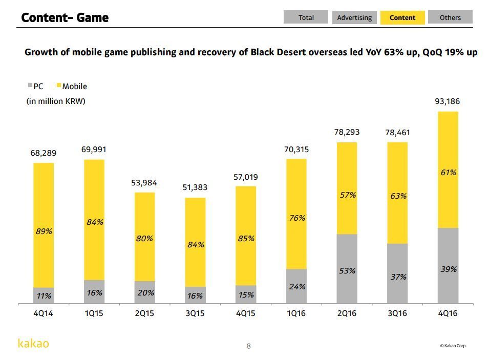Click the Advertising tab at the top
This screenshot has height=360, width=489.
pyautogui.click(x=354, y=17)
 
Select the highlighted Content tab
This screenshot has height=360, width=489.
pyautogui.click(x=402, y=17)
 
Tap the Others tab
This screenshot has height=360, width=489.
pyautogui.click(x=450, y=17)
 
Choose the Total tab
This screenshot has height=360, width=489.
pyautogui.click(x=306, y=17)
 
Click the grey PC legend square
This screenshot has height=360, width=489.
pyautogui.click(x=30, y=86)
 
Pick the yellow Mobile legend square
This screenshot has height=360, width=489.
pyautogui.click(x=59, y=86)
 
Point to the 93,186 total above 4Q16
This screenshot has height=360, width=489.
pyautogui.click(x=447, y=101)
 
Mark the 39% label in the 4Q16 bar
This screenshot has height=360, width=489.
pyautogui.click(x=449, y=269)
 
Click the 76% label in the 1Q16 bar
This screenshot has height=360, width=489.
pyautogui.click(x=297, y=218)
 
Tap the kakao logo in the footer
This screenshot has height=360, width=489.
pyautogui.click(x=34, y=343)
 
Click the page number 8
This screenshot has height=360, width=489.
pyautogui.click(x=249, y=346)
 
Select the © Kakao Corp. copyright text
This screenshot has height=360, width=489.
pyautogui.click(x=453, y=346)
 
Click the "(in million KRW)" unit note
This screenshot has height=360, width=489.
pyautogui.click(x=56, y=101)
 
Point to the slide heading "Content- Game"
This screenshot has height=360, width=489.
pyautogui.click(x=65, y=18)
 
